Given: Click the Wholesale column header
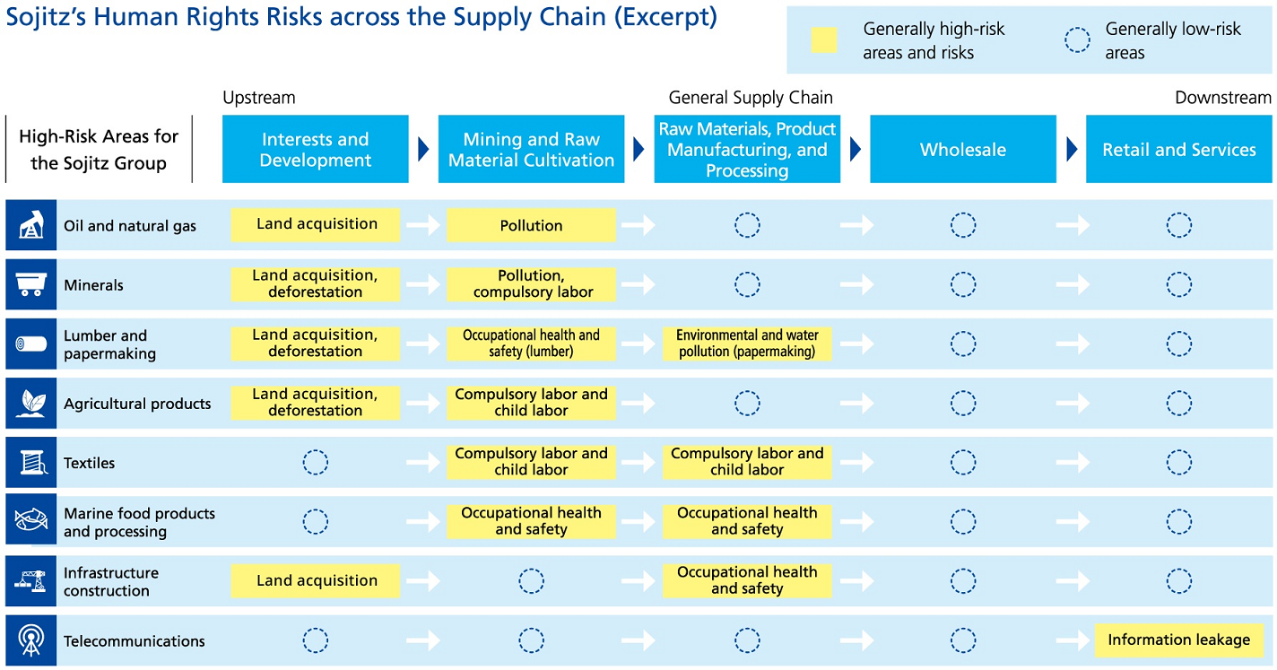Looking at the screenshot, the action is [x=963, y=149].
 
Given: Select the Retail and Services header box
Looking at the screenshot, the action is [x=1179, y=149].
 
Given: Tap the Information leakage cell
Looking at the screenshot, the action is [x=1179, y=640].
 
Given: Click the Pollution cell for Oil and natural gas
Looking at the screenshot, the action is [x=531, y=225].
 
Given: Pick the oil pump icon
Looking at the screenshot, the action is [x=31, y=224].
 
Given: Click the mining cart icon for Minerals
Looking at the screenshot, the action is [x=30, y=284].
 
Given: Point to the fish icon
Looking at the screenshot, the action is [x=30, y=519].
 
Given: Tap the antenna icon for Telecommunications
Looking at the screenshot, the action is [x=30, y=640].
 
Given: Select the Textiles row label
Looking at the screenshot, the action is [x=89, y=463].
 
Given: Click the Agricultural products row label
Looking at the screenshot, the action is [x=137, y=403].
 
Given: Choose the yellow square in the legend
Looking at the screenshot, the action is [x=824, y=40].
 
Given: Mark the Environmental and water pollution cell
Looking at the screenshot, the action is [x=747, y=344].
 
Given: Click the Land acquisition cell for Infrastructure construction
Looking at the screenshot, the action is [x=316, y=580].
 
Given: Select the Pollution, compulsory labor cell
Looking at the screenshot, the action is [x=531, y=284].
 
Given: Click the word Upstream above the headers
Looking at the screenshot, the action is [x=259, y=98].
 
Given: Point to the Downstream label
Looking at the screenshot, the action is [x=1223, y=98].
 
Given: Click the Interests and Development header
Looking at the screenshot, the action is [x=316, y=149].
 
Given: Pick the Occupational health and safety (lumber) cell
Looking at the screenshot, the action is [x=531, y=344].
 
